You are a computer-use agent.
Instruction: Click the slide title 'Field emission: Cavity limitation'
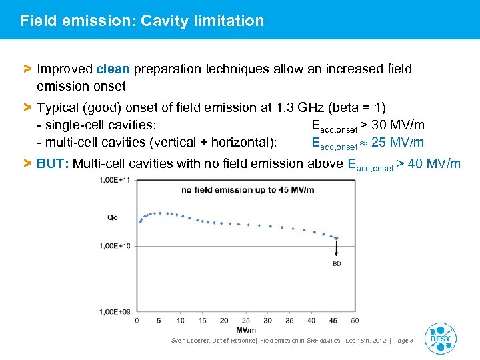coord(142,21)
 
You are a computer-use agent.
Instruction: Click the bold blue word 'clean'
coord(113,69)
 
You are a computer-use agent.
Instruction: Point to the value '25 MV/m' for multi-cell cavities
coord(398,142)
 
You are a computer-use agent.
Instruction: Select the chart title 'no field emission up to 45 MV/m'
coord(247,190)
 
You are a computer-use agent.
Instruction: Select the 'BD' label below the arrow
coord(336,264)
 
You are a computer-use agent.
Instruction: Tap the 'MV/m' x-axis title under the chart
coord(245,330)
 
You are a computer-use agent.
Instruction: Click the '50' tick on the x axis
coord(354,321)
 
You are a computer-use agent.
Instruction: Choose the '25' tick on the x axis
coord(245,321)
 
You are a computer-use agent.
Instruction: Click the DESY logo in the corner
coord(441,337)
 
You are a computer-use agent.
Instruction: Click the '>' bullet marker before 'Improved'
coord(27,69)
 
